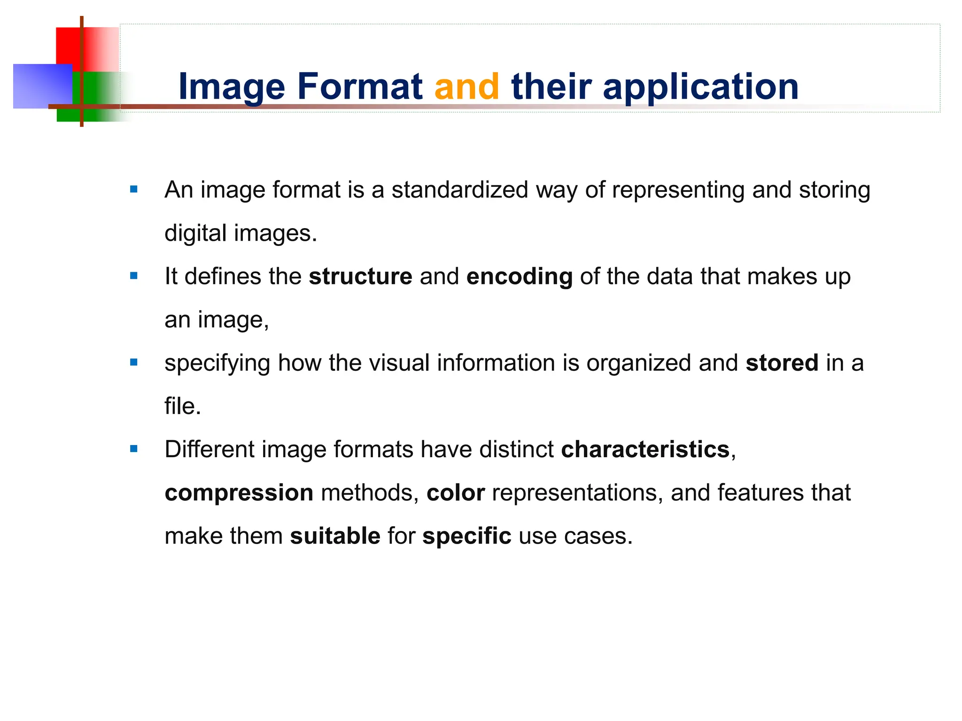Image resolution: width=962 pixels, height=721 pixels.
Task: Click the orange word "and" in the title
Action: [467, 87]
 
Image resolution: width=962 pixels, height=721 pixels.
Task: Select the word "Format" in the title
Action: [360, 87]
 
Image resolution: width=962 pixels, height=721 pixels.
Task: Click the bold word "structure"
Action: [360, 276]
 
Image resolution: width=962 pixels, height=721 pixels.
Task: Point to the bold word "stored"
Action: [782, 363]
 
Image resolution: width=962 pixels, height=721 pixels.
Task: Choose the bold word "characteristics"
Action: [645, 450]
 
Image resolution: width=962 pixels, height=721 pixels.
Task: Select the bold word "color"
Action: [455, 493]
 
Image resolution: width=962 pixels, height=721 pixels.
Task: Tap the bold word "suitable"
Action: [335, 536]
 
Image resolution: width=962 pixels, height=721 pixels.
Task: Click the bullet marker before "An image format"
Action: [134, 190]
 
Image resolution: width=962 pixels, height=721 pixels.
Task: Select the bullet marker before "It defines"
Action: [134, 276]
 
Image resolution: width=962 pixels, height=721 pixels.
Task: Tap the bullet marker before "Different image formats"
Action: [134, 449]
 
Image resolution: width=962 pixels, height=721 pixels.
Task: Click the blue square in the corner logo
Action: [41, 86]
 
